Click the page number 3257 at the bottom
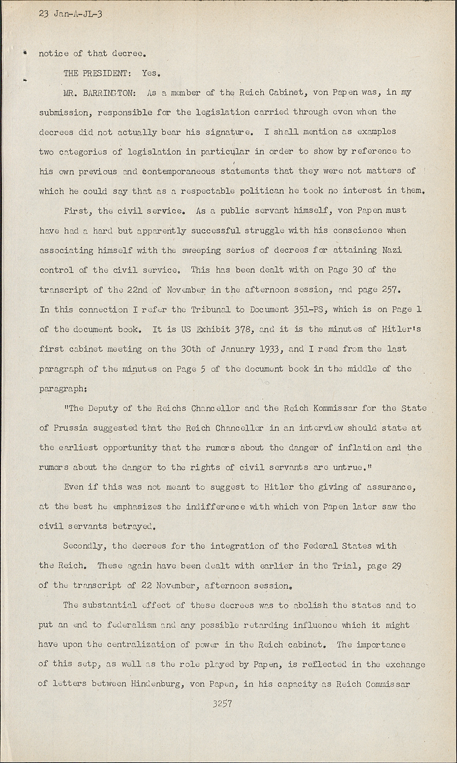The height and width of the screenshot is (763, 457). tap(223, 704)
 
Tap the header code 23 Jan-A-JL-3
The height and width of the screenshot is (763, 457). tap(71, 14)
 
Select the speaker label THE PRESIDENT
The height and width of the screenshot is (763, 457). tap(95, 73)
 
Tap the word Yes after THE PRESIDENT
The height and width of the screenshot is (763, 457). tap(151, 73)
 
